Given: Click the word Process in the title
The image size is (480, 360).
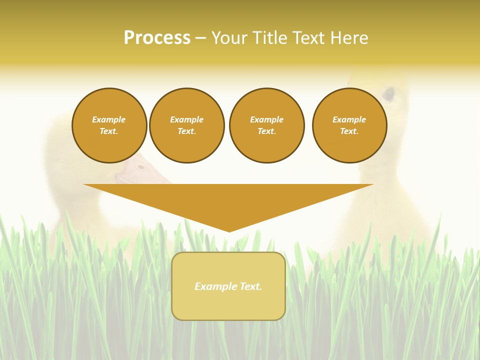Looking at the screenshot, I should pos(157,38).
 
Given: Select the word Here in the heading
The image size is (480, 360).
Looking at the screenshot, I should pos(349,38).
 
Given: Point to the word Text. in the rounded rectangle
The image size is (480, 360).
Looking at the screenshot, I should pos(251,286).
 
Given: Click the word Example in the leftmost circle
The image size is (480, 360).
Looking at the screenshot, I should pos(109,119).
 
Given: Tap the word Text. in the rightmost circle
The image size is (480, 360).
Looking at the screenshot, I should pos(349,131).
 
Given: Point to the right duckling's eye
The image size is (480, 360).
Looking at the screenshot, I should pos(388,93).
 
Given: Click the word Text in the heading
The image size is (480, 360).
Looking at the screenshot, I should pos(309,38).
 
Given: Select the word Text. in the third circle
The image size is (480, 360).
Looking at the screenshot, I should pos(266,131).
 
